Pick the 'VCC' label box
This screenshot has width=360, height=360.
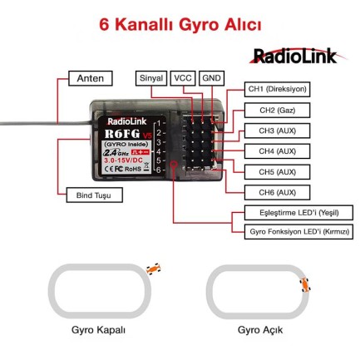(181, 77)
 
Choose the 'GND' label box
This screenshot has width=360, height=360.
(211, 77)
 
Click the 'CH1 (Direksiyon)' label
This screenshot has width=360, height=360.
(278, 89)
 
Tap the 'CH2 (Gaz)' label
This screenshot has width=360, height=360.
(278, 110)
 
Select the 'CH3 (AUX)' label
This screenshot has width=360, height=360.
(278, 131)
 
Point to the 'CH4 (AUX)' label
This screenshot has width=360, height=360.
(278, 151)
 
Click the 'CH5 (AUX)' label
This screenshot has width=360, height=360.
(278, 172)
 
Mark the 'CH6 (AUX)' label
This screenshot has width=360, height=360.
(278, 193)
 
